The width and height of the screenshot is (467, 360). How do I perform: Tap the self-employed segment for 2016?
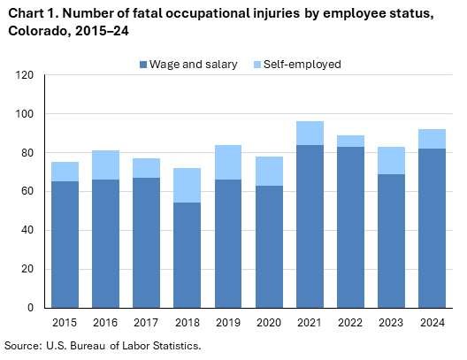coord(105,165)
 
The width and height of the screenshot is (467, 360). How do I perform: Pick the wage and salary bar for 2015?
coord(64,244)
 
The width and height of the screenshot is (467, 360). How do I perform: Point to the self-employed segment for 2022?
coord(349,142)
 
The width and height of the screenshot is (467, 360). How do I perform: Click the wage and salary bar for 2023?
coord(390,241)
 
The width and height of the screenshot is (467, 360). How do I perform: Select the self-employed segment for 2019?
coord(227,163)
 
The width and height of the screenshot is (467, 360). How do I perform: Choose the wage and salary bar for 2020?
coord(268,247)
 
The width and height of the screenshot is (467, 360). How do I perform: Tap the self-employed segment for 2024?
coord(431,139)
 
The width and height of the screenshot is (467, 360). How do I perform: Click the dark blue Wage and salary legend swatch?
coord(144,65)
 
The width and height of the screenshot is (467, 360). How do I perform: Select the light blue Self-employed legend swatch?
coord(257,65)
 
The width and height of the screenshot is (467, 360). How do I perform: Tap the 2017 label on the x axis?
coord(146,322)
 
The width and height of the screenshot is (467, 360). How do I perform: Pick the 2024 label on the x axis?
coord(431,322)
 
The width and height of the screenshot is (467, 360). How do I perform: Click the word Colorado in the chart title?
coord(32,29)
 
